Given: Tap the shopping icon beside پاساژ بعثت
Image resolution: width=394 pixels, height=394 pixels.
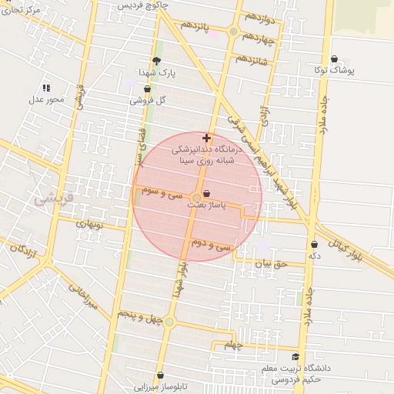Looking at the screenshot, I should coord(207,195).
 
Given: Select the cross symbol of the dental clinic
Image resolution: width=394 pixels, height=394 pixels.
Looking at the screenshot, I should coord(206,138).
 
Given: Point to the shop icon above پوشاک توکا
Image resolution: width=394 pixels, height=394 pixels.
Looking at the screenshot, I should coord(335,58).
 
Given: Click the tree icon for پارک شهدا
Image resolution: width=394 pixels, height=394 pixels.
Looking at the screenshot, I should coord(157,61).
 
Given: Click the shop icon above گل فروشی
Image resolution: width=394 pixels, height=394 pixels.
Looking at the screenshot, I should coord(147,88).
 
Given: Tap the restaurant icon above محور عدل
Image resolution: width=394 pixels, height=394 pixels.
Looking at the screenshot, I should coord(46,88).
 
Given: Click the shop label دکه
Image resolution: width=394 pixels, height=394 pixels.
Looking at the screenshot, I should coord(313,255).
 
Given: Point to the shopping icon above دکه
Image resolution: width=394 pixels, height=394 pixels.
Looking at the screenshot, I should coord(314,244).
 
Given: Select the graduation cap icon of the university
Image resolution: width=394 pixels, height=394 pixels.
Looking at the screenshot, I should coord(295,356).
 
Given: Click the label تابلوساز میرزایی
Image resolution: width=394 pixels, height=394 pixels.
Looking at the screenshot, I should coord(158,387).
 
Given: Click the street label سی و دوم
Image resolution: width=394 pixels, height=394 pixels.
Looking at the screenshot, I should coord(213,245).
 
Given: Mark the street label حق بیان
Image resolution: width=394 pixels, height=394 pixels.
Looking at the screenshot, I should coord(270,264).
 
